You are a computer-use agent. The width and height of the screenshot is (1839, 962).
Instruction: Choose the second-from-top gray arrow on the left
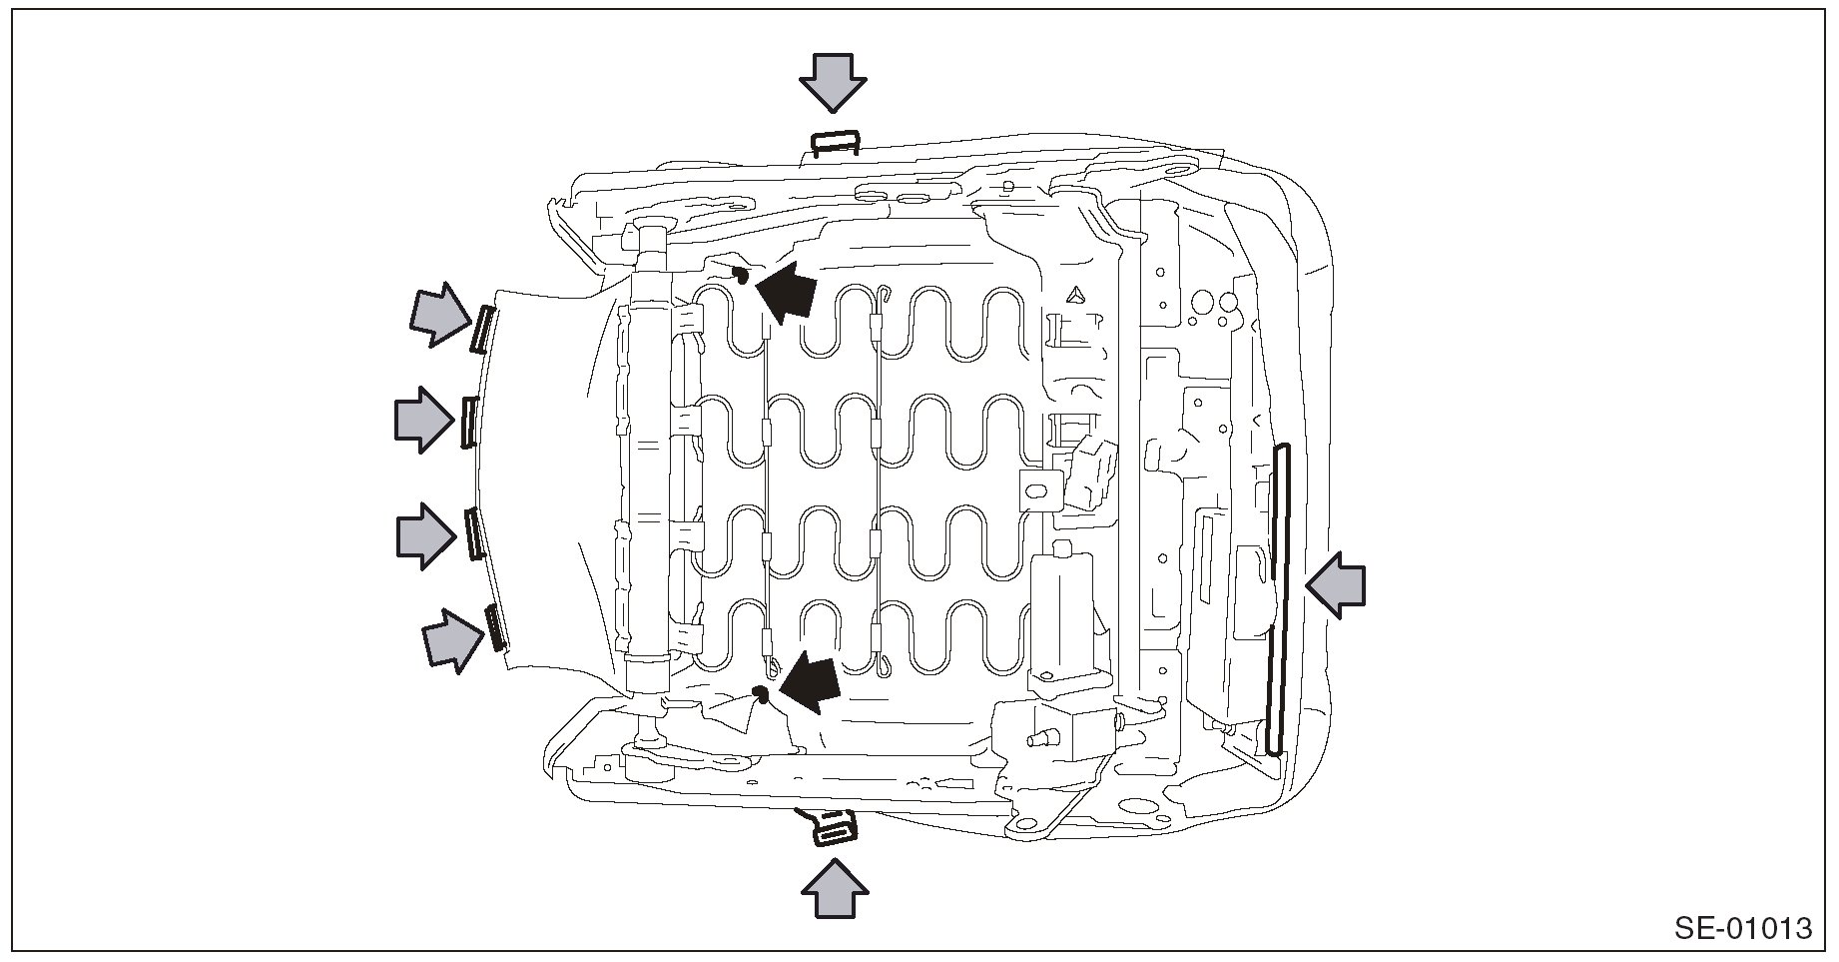(x=422, y=420)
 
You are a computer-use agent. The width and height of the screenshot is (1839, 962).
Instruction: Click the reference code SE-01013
(x=1742, y=928)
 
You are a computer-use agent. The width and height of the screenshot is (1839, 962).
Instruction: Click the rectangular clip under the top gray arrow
(x=835, y=143)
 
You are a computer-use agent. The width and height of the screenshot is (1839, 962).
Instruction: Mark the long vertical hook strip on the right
(x=1278, y=599)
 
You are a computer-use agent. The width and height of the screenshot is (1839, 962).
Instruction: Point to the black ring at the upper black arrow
(x=741, y=273)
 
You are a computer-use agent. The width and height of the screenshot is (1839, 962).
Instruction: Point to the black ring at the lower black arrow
(x=760, y=692)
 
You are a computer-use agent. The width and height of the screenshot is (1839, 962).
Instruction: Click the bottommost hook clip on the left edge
(x=493, y=627)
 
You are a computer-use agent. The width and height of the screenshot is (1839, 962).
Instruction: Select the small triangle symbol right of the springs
(x=1074, y=295)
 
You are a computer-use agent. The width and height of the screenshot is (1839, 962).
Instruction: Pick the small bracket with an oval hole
(x=1038, y=490)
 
